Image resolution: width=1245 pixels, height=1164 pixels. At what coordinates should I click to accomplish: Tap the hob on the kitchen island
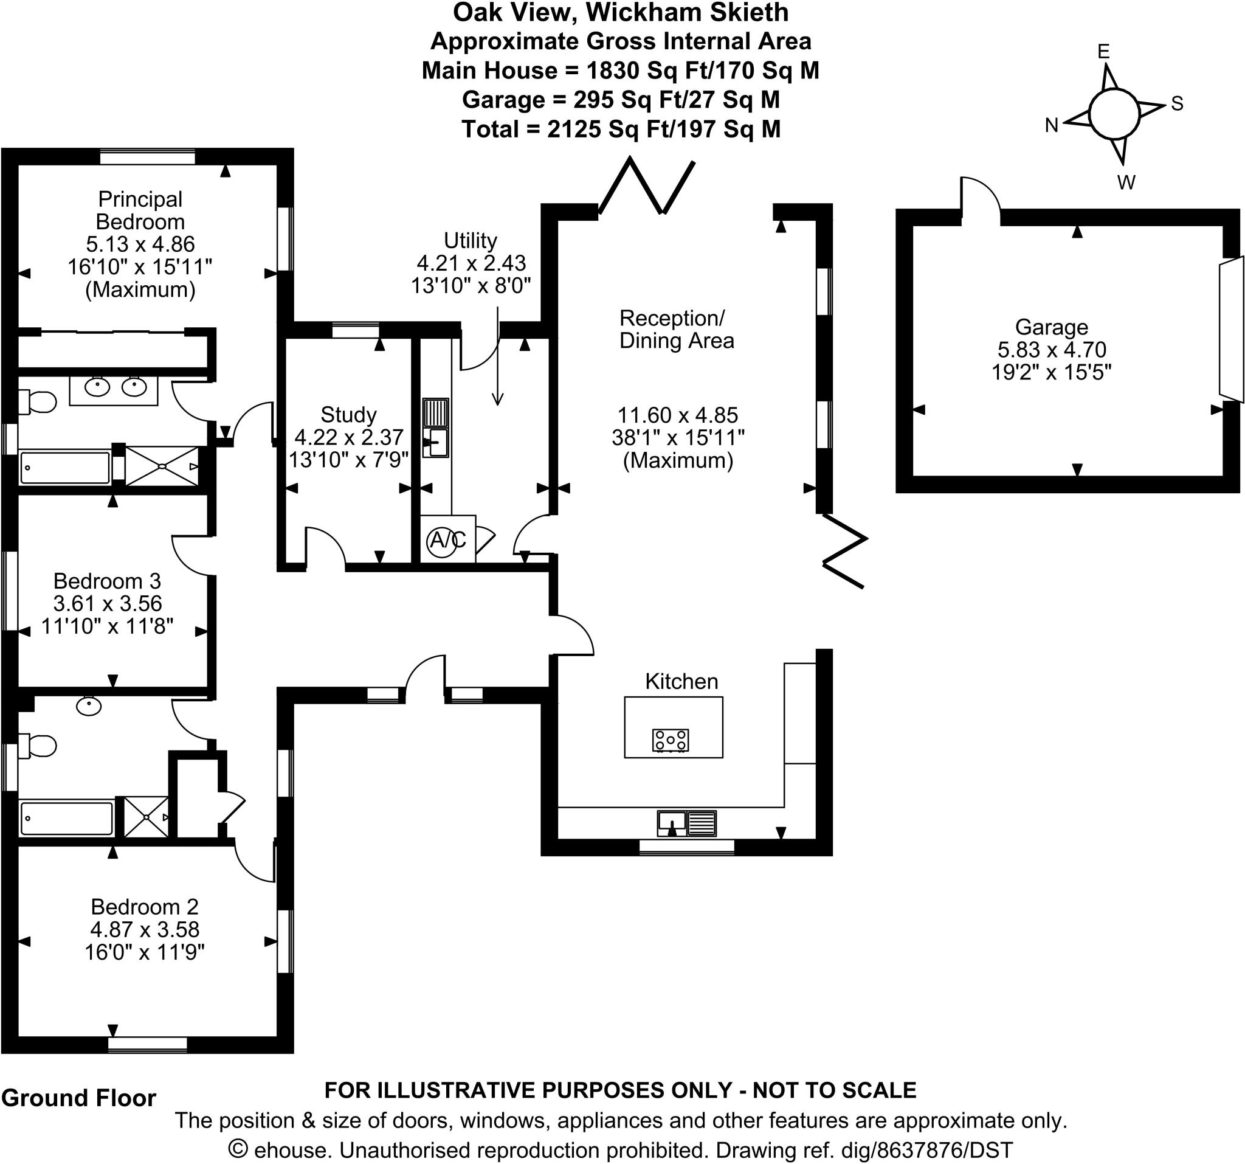[671, 740]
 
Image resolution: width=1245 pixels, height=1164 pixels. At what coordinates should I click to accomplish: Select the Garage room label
[1052, 327]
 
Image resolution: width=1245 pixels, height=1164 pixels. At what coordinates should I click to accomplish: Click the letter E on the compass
[1103, 51]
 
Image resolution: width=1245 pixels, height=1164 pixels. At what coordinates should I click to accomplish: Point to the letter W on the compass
[1126, 182]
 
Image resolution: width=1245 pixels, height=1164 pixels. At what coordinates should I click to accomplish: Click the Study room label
[348, 415]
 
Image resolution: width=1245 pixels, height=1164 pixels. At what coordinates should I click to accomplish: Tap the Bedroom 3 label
[107, 581]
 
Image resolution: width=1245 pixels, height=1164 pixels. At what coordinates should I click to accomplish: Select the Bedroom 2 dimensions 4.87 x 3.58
[145, 929]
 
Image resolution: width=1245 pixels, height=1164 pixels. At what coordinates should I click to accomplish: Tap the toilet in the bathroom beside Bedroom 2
[39, 746]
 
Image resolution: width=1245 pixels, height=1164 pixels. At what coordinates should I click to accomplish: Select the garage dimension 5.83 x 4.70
[1052, 350]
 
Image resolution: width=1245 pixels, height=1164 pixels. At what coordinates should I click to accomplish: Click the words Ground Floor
[79, 1098]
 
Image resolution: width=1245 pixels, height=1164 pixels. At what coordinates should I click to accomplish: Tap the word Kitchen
[681, 682]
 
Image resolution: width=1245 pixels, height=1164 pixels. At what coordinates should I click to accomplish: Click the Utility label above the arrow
[471, 241]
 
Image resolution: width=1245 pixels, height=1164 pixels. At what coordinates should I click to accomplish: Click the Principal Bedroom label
[140, 210]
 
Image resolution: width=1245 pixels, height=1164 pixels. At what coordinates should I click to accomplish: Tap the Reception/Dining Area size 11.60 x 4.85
[678, 415]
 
